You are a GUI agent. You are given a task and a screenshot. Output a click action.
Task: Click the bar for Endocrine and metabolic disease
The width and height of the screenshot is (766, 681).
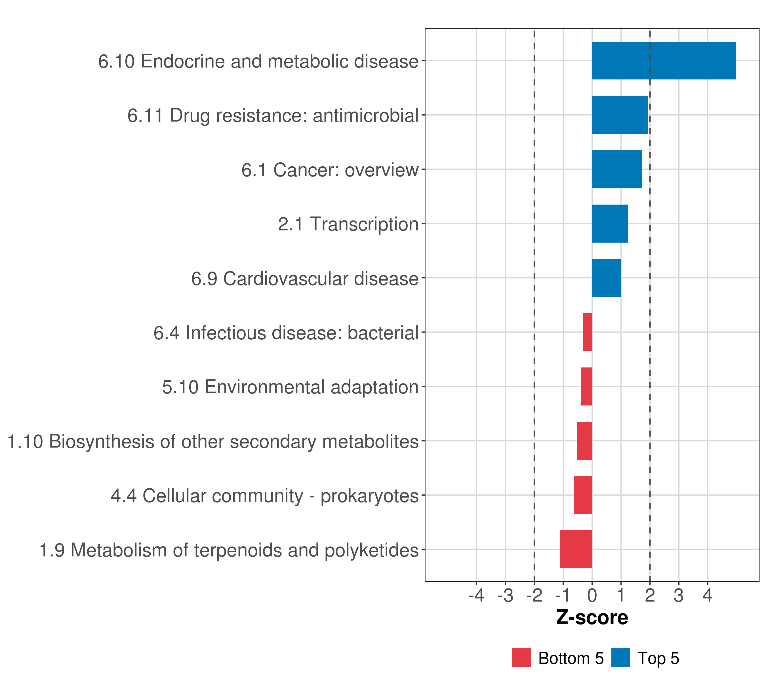point(663,60)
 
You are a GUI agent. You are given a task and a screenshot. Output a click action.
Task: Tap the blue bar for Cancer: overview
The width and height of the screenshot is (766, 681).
point(616,169)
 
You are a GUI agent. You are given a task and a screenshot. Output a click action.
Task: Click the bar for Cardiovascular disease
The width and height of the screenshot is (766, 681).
point(606,278)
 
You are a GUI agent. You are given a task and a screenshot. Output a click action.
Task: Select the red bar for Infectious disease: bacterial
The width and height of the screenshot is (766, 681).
point(587,332)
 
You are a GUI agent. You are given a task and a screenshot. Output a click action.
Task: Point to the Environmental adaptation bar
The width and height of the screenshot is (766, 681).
point(586,386)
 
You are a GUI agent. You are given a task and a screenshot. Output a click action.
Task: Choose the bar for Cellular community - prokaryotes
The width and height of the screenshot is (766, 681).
point(582,495)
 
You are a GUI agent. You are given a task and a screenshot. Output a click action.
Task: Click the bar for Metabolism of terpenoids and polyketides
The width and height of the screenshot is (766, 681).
point(576,549)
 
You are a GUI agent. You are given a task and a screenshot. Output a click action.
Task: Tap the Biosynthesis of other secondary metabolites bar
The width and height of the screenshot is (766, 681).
point(584,441)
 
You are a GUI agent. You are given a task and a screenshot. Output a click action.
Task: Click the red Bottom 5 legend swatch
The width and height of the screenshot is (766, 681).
point(521,658)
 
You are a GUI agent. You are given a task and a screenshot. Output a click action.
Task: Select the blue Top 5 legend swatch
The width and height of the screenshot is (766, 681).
point(620,658)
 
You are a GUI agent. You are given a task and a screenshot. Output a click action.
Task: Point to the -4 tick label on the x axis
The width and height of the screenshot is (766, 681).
point(476,596)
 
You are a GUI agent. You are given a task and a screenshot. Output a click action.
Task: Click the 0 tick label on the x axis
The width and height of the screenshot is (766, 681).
point(592,596)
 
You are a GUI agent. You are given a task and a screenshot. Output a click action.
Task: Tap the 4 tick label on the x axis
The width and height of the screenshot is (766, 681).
point(708,596)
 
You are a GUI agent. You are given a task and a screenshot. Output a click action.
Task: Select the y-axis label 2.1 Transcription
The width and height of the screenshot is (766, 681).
point(348,224)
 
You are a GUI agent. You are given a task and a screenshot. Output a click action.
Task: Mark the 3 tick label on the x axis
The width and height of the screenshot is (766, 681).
point(679,596)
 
